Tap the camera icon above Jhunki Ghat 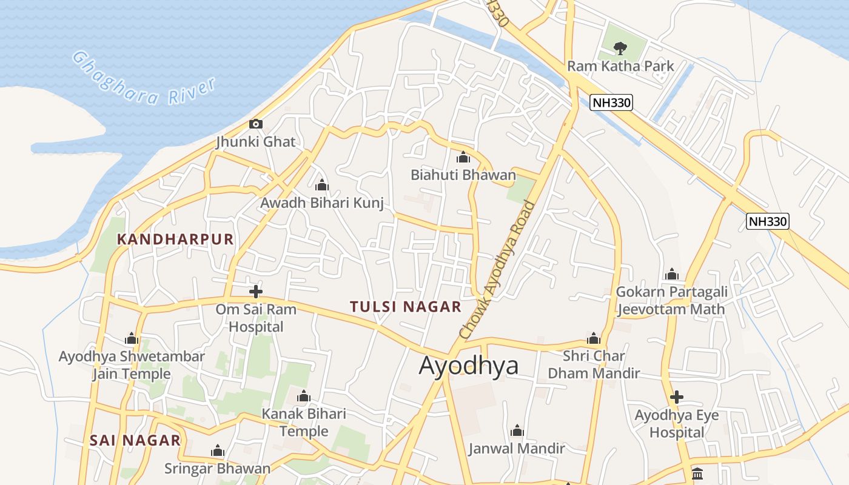[x=256, y=124]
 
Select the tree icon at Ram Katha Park [x=620, y=48]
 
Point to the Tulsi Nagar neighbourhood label [x=406, y=307]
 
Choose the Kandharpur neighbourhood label [x=175, y=239]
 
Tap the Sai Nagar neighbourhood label [x=135, y=440]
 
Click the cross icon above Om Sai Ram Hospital [x=256, y=292]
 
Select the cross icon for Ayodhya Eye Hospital [x=677, y=398]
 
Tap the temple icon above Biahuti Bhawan [x=463, y=158]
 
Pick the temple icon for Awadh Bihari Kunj [x=322, y=185]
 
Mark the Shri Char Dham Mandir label [x=594, y=364]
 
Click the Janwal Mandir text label [x=517, y=449]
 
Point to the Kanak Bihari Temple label [x=304, y=423]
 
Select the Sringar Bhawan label [x=218, y=469]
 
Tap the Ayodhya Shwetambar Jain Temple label [x=132, y=365]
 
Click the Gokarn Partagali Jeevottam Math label [x=671, y=300]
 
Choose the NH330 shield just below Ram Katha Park [x=611, y=102]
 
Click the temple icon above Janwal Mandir [x=517, y=431]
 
